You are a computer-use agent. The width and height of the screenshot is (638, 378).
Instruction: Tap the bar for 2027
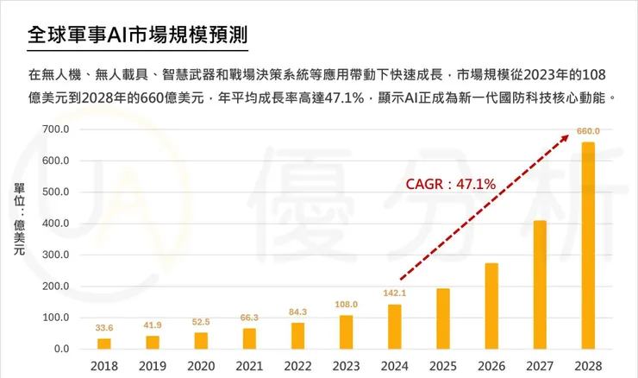540,285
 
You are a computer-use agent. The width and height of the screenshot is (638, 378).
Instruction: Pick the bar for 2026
491,306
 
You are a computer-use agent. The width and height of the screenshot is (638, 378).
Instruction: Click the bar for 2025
442,318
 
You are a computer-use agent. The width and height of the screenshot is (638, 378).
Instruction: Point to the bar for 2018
103,343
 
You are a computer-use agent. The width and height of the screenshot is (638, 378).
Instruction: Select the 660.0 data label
588,131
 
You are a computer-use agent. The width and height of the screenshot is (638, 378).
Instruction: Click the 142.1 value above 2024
394,293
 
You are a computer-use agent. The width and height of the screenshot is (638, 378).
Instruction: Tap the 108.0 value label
346,304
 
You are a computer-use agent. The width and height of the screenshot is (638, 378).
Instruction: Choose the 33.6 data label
103,328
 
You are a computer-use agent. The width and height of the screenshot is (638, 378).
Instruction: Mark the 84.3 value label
297,312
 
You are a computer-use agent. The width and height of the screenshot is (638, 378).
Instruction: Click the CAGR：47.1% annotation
451,184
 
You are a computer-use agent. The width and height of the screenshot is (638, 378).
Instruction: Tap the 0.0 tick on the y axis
62,350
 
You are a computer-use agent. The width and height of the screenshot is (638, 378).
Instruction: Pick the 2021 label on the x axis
249,366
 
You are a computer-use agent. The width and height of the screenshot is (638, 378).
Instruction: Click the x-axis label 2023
346,366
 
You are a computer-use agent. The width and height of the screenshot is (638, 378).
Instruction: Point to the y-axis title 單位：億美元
18,219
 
